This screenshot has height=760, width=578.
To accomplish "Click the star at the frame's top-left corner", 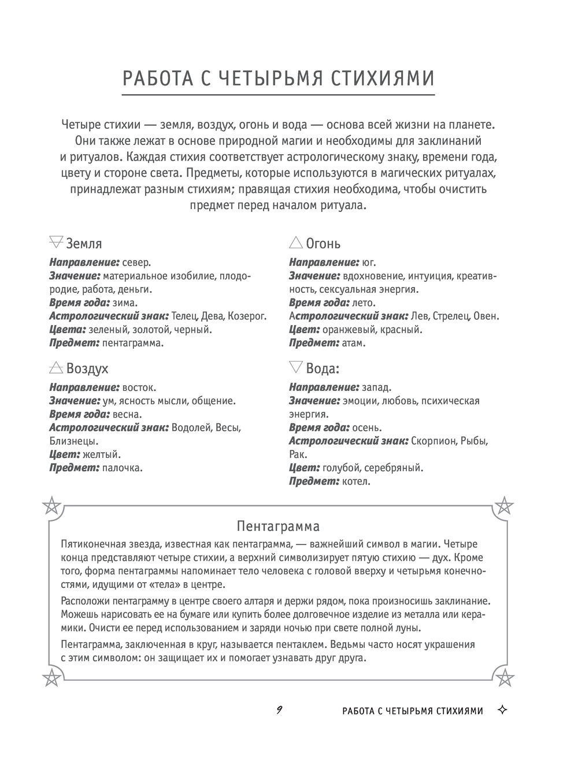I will [x=51, y=506].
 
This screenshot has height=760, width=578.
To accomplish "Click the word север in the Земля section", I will [x=137, y=262].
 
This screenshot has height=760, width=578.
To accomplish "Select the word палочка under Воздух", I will [x=122, y=468].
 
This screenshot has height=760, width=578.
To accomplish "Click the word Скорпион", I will [x=432, y=441].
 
